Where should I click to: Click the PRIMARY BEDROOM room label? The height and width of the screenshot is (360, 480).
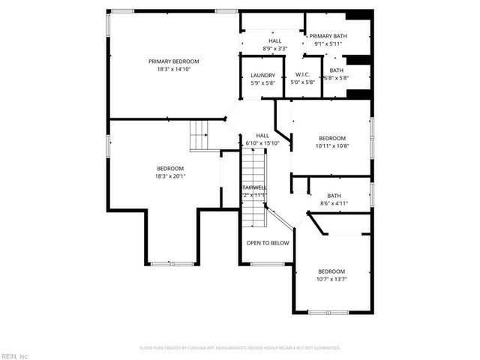174,61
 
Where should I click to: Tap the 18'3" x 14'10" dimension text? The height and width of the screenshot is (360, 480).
174,69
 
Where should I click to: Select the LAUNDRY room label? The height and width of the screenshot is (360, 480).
262,75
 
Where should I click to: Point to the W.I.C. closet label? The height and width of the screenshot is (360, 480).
303,74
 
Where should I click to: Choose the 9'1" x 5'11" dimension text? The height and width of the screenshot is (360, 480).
328,43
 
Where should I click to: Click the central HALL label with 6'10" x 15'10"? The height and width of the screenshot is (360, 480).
262,139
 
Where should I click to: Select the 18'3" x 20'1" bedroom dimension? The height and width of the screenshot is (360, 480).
170,176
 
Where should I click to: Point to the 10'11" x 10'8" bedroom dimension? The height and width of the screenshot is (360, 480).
331,145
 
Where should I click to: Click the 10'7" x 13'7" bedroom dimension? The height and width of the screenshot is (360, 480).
331,279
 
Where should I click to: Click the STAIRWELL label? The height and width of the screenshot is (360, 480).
253,187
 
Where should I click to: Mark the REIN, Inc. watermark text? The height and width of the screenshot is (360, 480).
15,355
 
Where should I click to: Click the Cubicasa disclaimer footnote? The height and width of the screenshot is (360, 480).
240,348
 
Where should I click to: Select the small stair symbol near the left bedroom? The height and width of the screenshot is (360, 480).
199,136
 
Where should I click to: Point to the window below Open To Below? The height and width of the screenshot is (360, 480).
267,264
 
